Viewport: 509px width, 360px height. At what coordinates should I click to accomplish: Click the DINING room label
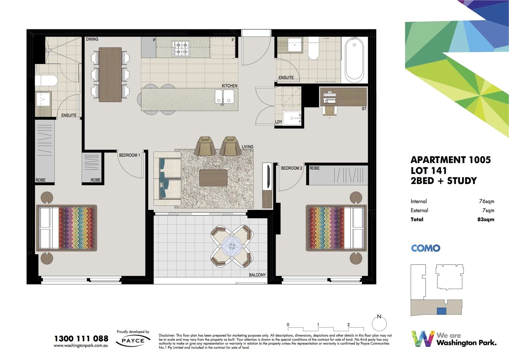coord(92,39)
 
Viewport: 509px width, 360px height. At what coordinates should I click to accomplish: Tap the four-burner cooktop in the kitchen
coord(181,48)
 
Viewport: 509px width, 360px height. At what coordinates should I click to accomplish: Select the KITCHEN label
coord(230,86)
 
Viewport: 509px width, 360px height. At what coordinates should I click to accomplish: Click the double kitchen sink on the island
coord(224,97)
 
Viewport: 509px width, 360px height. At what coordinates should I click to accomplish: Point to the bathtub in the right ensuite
coord(354,60)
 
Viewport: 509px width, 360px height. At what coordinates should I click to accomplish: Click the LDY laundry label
coord(278,122)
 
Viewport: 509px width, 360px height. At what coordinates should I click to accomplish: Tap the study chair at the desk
coord(329,111)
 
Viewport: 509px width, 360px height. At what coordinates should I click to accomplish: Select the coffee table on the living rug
coord(213,178)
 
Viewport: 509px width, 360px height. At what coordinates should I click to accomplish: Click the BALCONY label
coord(257,275)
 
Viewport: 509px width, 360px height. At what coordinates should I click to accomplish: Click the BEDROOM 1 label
coord(130,155)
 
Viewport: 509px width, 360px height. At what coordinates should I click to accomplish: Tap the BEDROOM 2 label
coord(291,168)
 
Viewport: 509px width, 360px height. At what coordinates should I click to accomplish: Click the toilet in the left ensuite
coord(47,81)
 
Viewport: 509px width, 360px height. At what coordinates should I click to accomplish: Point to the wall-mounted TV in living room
coord(267,176)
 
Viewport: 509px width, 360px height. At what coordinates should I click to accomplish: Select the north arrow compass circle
coord(379,323)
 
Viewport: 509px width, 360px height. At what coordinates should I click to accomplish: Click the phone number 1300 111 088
coord(81,339)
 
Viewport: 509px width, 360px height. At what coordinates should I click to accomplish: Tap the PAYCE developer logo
coord(133,341)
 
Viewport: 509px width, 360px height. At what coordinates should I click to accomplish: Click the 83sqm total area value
coord(486,220)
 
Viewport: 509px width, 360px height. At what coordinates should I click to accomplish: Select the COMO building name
coord(425,248)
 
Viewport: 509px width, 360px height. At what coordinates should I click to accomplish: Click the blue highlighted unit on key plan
coord(441,311)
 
